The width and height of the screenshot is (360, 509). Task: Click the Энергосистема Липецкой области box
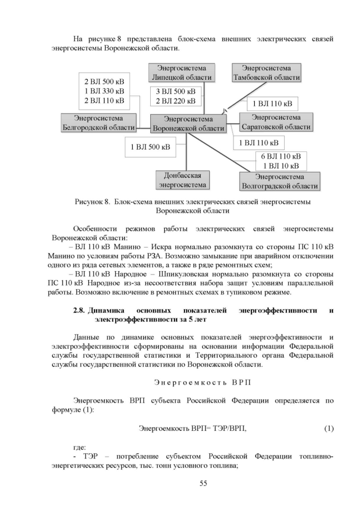[x=177, y=73]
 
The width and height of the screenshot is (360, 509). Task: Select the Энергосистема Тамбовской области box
[x=267, y=73]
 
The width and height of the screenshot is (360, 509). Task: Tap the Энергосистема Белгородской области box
[x=98, y=122]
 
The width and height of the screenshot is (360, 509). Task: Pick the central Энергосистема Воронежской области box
[x=188, y=124]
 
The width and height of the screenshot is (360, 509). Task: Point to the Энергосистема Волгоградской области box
[x=279, y=181]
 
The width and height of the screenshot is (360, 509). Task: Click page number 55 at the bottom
[x=204, y=483]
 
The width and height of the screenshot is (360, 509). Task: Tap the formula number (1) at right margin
[x=329, y=429]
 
